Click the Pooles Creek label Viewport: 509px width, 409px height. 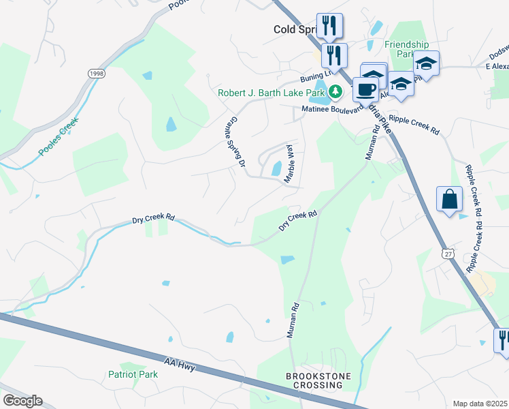click(59, 136)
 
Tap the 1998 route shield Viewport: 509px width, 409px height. click(95, 72)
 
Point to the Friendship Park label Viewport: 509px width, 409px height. click(406, 49)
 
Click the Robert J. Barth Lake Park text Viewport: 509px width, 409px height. click(271, 93)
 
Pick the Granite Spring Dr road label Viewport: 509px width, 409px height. click(237, 141)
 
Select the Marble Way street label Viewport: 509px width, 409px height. click(289, 162)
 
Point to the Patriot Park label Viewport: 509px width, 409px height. click(133, 374)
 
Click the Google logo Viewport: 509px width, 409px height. click(22, 400)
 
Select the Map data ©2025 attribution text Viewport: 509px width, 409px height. click(480, 404)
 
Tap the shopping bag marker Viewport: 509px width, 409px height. click(450, 200)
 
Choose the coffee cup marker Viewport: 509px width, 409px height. click(365, 90)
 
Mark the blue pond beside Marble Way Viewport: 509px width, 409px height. click(277, 168)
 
